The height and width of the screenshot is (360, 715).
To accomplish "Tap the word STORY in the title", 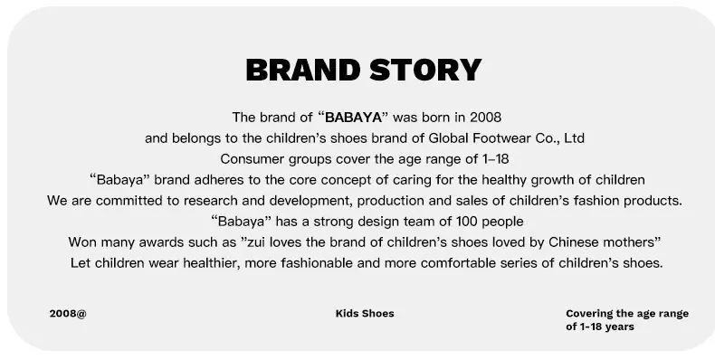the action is coord(425,71).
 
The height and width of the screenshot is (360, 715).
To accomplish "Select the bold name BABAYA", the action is coord(353,118).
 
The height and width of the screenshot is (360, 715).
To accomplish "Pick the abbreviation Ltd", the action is coord(574,138).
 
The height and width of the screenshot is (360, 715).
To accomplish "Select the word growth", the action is coord(552,181).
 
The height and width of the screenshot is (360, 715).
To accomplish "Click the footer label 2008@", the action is coord(68,314).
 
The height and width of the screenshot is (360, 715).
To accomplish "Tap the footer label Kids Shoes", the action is coord(365,314).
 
